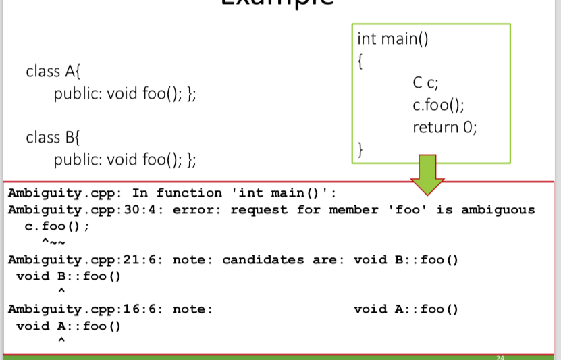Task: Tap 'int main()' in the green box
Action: click(393, 38)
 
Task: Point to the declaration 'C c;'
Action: click(426, 84)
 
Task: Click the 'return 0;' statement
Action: click(445, 127)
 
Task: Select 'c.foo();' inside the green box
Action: click(438, 105)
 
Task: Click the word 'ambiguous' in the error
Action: click(498, 210)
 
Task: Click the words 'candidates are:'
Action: click(284, 259)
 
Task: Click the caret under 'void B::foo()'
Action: click(61, 291)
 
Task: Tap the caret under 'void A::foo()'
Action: click(61, 341)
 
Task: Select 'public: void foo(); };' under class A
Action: click(125, 93)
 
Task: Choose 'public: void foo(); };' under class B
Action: click(125, 159)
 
